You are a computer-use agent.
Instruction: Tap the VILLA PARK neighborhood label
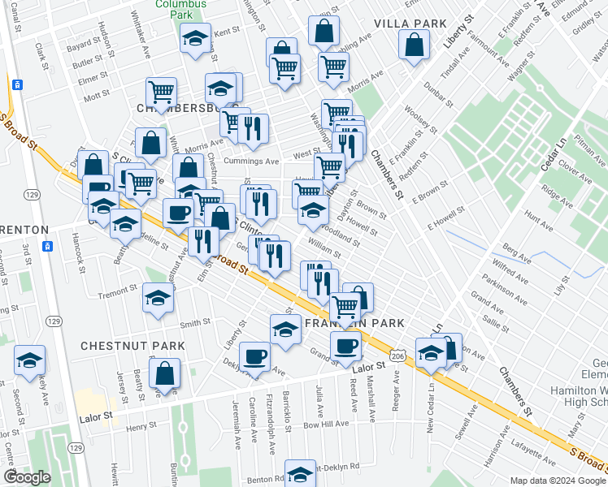click(x=410, y=23)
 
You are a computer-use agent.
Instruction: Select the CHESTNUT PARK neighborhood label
click(x=132, y=345)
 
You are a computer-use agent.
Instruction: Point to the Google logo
click(x=27, y=477)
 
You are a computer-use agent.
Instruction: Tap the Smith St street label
click(x=195, y=322)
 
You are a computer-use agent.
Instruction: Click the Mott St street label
click(x=96, y=95)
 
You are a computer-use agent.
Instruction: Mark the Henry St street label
click(x=141, y=425)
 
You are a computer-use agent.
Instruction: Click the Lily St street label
click(x=558, y=284)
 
